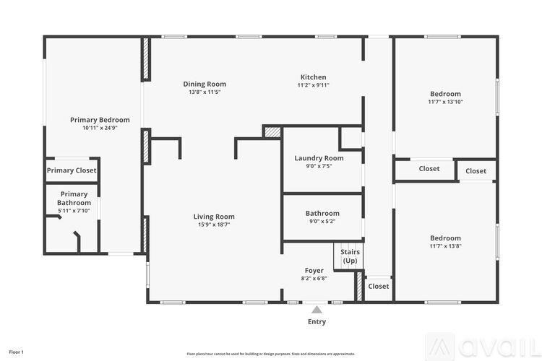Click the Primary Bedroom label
pyautogui.click(x=100, y=120)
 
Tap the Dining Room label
pyautogui.click(x=205, y=84)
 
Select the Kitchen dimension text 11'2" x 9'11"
pyautogui.click(x=313, y=85)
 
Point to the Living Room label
pyautogui.click(x=214, y=217)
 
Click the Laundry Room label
pyautogui.click(x=319, y=158)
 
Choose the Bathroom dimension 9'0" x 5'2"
pyautogui.click(x=322, y=222)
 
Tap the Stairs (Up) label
pyautogui.click(x=350, y=256)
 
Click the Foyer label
pyautogui.click(x=314, y=271)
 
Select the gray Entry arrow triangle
pyautogui.click(x=317, y=310)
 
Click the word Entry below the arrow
pyautogui.click(x=317, y=321)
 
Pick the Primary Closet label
pyautogui.click(x=72, y=170)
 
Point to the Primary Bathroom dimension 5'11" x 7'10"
pyautogui.click(x=74, y=211)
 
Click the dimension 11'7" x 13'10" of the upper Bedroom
pyautogui.click(x=446, y=102)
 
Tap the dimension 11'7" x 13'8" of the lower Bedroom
pyautogui.click(x=446, y=246)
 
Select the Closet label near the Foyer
pyautogui.click(x=379, y=287)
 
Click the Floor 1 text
pyautogui.click(x=16, y=352)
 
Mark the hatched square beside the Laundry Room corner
pyautogui.click(x=272, y=133)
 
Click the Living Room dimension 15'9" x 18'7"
pyautogui.click(x=214, y=225)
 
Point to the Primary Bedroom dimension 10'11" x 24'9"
pyautogui.click(x=100, y=128)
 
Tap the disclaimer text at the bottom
pyautogui.click(x=271, y=354)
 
